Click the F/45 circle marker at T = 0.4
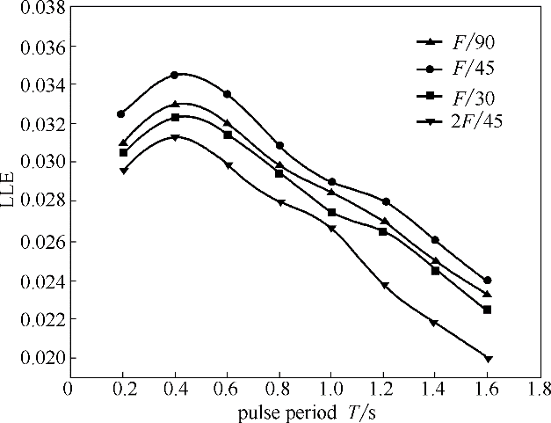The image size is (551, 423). click(174, 75)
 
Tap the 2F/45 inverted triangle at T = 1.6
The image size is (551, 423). click(488, 358)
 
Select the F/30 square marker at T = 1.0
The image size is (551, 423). click(331, 212)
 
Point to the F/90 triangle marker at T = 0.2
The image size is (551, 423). click(123, 142)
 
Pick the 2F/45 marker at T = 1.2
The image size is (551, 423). click(384, 285)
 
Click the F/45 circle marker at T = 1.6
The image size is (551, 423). click(488, 280)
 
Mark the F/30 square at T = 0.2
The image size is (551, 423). click(123, 152)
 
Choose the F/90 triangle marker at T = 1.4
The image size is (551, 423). click(435, 260)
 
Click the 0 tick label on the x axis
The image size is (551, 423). click(68, 387)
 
